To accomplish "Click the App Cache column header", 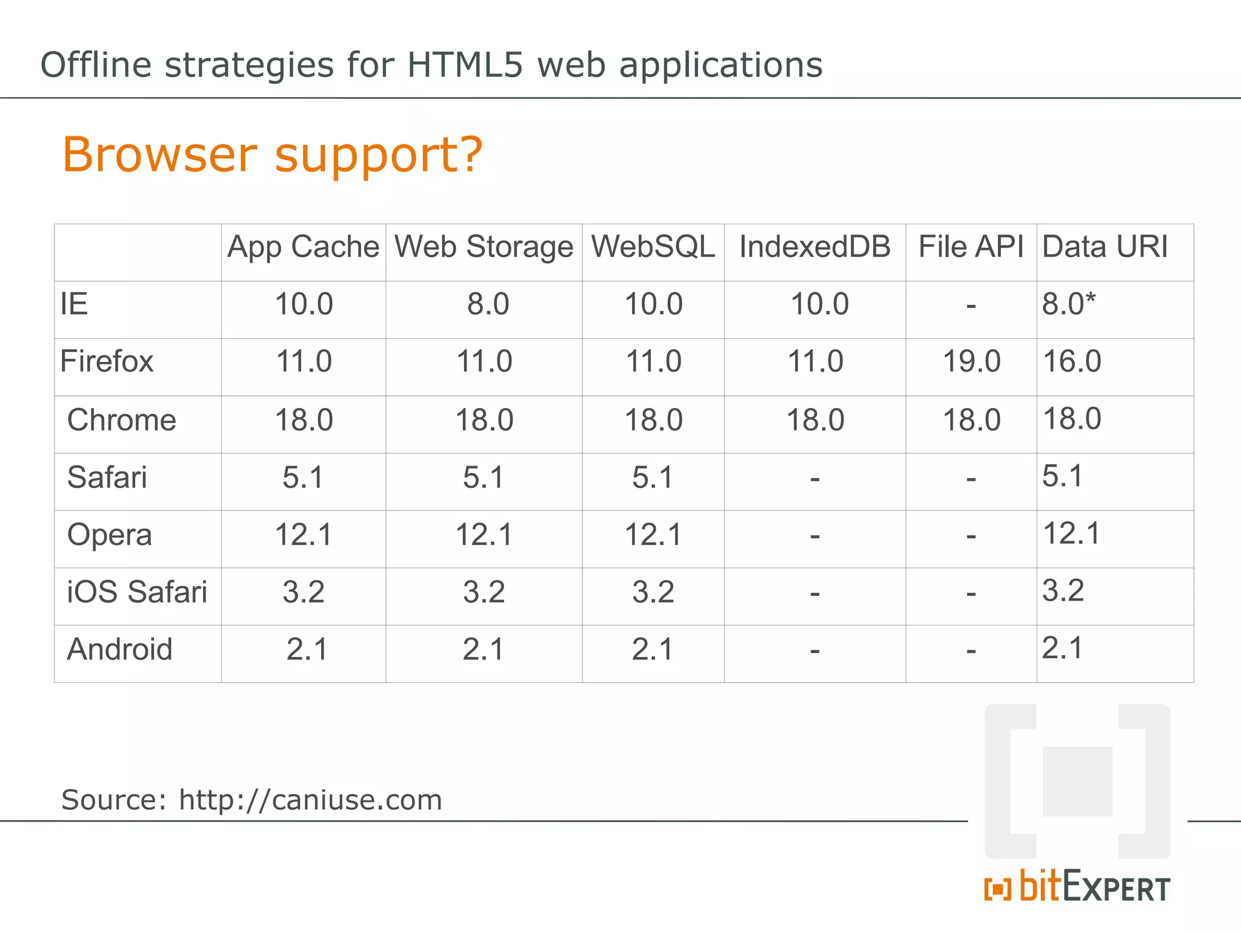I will point(303,247).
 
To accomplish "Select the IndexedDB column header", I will point(814,247).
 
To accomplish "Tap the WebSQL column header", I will point(653,247).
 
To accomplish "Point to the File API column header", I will point(971,247).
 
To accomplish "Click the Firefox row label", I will point(107,362).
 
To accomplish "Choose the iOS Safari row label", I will point(137,592).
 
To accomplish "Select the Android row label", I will point(120,650).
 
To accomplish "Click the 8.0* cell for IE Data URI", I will point(1069,304).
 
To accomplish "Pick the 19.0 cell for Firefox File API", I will point(971,362).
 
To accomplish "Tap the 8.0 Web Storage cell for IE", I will point(488,304).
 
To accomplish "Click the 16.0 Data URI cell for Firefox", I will point(1071,362).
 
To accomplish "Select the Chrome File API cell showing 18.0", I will point(971,420).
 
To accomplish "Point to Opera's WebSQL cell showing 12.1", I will point(653,535).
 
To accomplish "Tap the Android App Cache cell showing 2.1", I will point(307,650).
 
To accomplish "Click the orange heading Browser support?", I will point(273,155).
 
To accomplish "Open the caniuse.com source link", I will point(310,800).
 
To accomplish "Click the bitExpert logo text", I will point(1094,887).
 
